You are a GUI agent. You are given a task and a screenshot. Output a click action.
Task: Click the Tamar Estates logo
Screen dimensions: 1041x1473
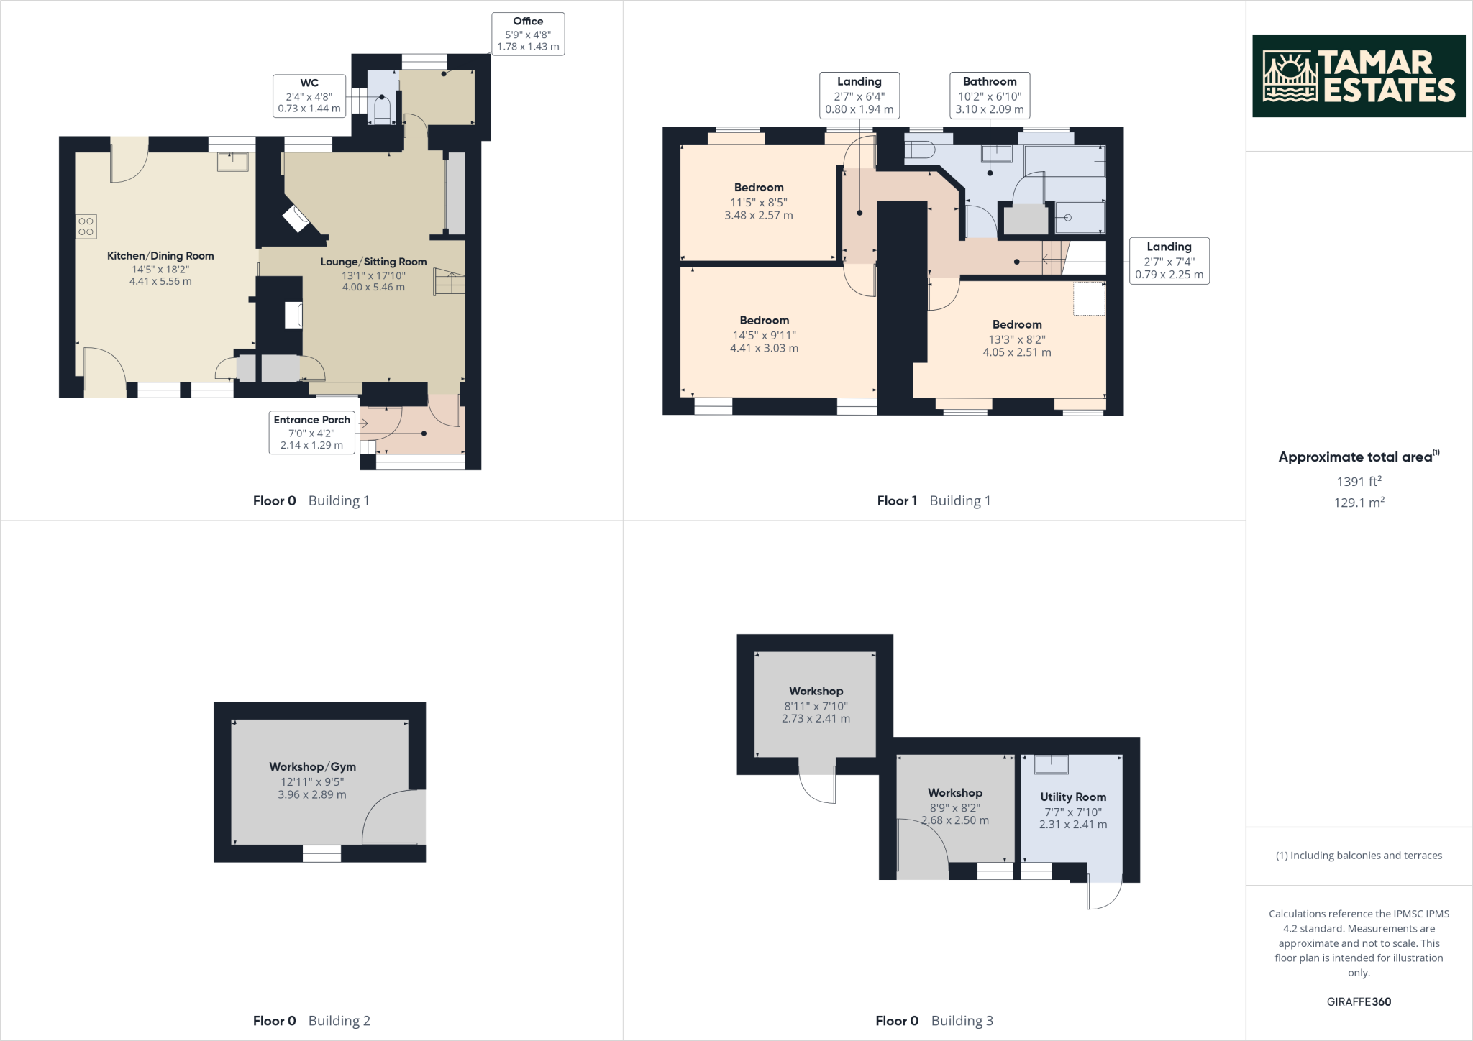[x=1358, y=75]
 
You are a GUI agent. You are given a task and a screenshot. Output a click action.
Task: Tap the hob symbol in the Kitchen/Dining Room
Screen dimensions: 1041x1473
[x=86, y=227]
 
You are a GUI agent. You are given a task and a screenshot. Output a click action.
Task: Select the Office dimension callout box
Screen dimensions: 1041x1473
[x=528, y=34]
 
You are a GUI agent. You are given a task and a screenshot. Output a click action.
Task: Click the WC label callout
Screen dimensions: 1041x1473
[x=309, y=96]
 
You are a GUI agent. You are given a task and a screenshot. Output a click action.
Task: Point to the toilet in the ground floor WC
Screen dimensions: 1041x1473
[x=382, y=111]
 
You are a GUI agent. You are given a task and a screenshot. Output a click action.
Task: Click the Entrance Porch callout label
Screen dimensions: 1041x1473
[x=311, y=432]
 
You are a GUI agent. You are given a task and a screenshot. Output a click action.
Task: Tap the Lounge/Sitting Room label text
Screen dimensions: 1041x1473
[x=373, y=262]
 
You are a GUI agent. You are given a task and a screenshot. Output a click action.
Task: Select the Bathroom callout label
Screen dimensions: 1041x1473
[x=989, y=95]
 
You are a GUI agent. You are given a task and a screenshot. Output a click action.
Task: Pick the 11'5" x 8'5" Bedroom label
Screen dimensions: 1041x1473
[x=759, y=201]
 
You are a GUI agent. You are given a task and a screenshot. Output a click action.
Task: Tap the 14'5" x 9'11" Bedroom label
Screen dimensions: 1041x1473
[x=764, y=334]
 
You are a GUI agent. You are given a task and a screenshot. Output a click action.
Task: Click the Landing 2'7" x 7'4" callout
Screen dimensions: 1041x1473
[x=1169, y=260]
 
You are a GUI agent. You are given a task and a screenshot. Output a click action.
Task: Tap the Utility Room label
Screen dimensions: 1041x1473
[x=1072, y=797]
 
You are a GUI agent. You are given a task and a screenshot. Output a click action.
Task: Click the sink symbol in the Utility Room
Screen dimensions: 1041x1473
[x=1051, y=764]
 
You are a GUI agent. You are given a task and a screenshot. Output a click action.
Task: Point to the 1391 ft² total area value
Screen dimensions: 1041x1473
[x=1359, y=482]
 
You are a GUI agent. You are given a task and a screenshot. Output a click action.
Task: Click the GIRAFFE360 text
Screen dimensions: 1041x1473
[x=1359, y=1001]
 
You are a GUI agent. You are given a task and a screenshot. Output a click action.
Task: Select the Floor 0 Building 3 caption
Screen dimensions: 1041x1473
[x=934, y=1020]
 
